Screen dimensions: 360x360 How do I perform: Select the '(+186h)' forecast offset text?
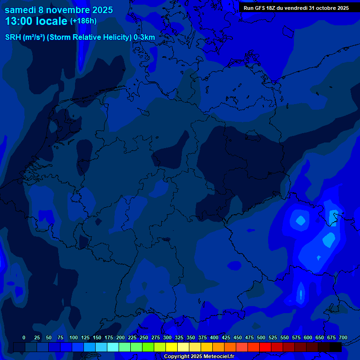click(x=83, y=21)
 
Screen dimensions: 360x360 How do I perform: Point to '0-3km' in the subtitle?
click(x=144, y=37)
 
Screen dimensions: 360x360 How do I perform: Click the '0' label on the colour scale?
click(x=24, y=337)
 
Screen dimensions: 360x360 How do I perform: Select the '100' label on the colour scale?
click(x=74, y=337)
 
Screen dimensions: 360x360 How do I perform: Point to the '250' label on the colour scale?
click(x=144, y=337)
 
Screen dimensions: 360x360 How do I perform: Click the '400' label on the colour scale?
click(x=214, y=337)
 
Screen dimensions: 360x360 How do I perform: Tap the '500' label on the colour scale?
click(x=261, y=337)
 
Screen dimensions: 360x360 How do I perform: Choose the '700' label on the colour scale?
click(x=343, y=337)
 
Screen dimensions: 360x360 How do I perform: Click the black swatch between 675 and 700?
click(x=336, y=347)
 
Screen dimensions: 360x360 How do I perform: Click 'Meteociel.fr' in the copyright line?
click(x=218, y=357)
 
